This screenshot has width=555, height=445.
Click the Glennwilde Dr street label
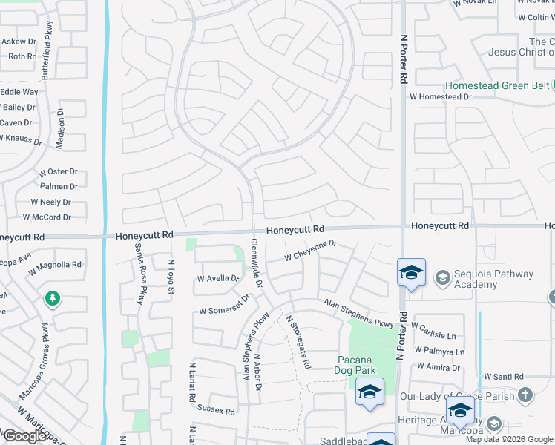[257, 263]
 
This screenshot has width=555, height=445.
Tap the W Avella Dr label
[218, 279]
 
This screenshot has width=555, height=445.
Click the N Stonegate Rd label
[298, 342]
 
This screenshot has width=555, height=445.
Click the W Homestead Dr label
[440, 96]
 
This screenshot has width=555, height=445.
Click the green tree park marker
[52, 299]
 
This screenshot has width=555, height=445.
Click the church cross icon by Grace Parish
[525, 395]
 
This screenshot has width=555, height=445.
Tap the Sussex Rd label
[216, 411]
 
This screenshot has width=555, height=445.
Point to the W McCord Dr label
[47, 217]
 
